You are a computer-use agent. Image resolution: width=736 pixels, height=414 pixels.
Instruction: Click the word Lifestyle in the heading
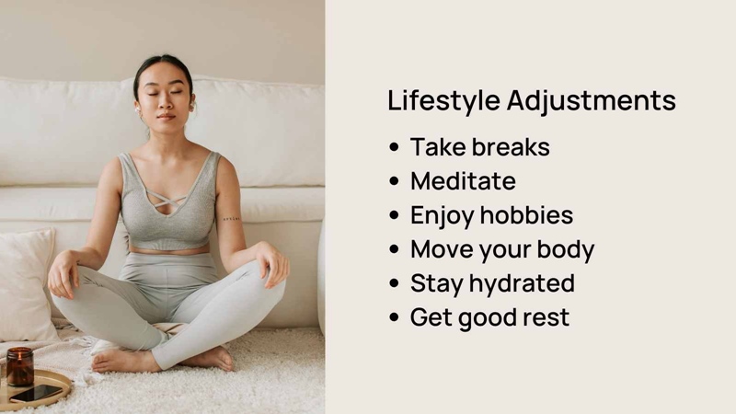443,101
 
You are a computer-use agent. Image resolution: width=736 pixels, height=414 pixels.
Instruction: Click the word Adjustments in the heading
592,100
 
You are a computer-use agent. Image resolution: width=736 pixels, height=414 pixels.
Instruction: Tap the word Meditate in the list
463,180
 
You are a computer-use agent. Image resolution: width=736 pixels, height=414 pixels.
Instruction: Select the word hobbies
526,215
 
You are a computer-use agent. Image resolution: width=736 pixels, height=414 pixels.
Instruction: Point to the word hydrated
522,283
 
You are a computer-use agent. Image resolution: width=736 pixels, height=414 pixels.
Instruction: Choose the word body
566,249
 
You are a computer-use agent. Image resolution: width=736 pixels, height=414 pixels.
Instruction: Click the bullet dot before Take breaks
394,147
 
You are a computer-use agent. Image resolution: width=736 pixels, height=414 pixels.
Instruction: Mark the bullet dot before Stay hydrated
394,283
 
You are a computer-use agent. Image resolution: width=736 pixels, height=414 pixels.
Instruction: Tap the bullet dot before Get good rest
394,317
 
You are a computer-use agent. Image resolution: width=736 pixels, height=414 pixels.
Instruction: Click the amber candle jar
19,366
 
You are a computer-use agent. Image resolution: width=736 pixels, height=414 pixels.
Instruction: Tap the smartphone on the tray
36,394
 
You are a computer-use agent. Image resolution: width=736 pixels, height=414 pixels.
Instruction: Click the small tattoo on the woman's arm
231,219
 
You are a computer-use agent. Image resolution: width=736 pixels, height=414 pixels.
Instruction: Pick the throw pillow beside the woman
26,284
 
